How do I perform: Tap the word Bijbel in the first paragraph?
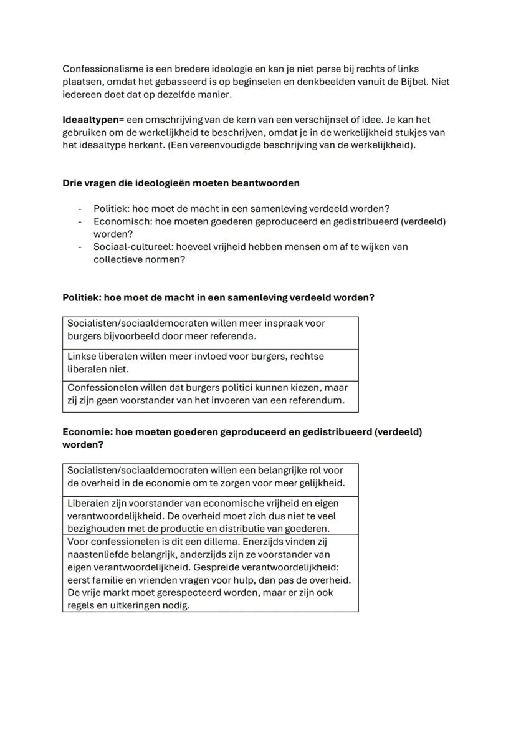[x=418, y=82]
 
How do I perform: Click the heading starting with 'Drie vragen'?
[x=181, y=183]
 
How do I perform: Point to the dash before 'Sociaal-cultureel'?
[x=80, y=247]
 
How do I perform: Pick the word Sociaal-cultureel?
[x=132, y=247]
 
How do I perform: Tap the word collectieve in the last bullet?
[x=118, y=259]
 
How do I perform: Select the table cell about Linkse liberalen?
[x=210, y=363]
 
